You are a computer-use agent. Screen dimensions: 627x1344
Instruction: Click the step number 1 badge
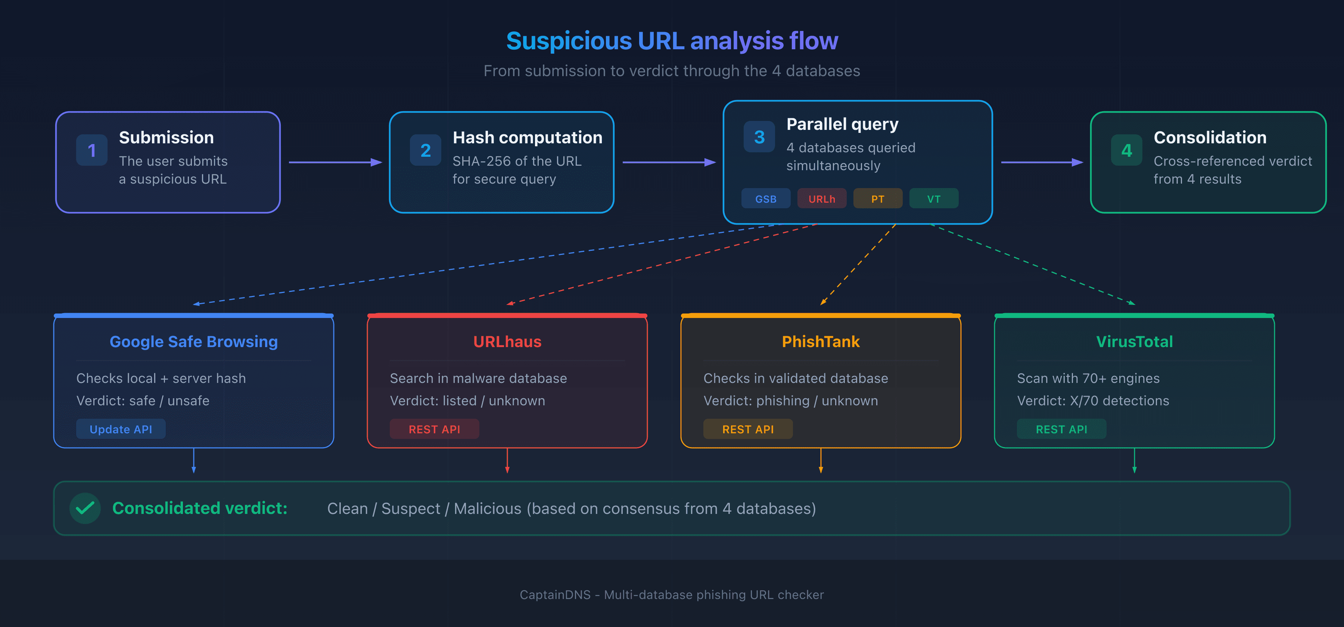coord(92,150)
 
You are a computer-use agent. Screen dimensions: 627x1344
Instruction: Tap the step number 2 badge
coord(425,150)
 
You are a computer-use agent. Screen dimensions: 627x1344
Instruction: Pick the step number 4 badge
coord(1126,150)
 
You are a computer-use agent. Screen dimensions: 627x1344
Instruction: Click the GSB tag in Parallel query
coord(765,199)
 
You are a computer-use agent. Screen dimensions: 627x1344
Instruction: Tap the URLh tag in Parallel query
coord(821,199)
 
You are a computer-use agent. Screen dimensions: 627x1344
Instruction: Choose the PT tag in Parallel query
coord(878,199)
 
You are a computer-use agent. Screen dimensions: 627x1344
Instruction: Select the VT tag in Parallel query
coord(933,199)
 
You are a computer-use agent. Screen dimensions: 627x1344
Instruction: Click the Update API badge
coord(121,429)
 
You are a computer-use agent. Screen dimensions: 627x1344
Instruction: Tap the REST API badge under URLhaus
coord(434,429)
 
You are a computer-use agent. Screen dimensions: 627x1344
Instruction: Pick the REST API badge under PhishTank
coord(748,429)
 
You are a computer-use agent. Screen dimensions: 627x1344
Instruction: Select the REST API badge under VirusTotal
coord(1061,429)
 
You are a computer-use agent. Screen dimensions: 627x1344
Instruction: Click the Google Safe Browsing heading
coord(193,341)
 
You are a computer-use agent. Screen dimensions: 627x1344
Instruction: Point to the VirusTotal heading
coord(1134,341)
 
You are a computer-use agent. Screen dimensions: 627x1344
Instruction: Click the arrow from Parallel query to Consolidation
coord(1041,162)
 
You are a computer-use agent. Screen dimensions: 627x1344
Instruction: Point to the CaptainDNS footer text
coord(672,595)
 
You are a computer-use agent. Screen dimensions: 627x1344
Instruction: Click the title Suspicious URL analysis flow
coord(672,41)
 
